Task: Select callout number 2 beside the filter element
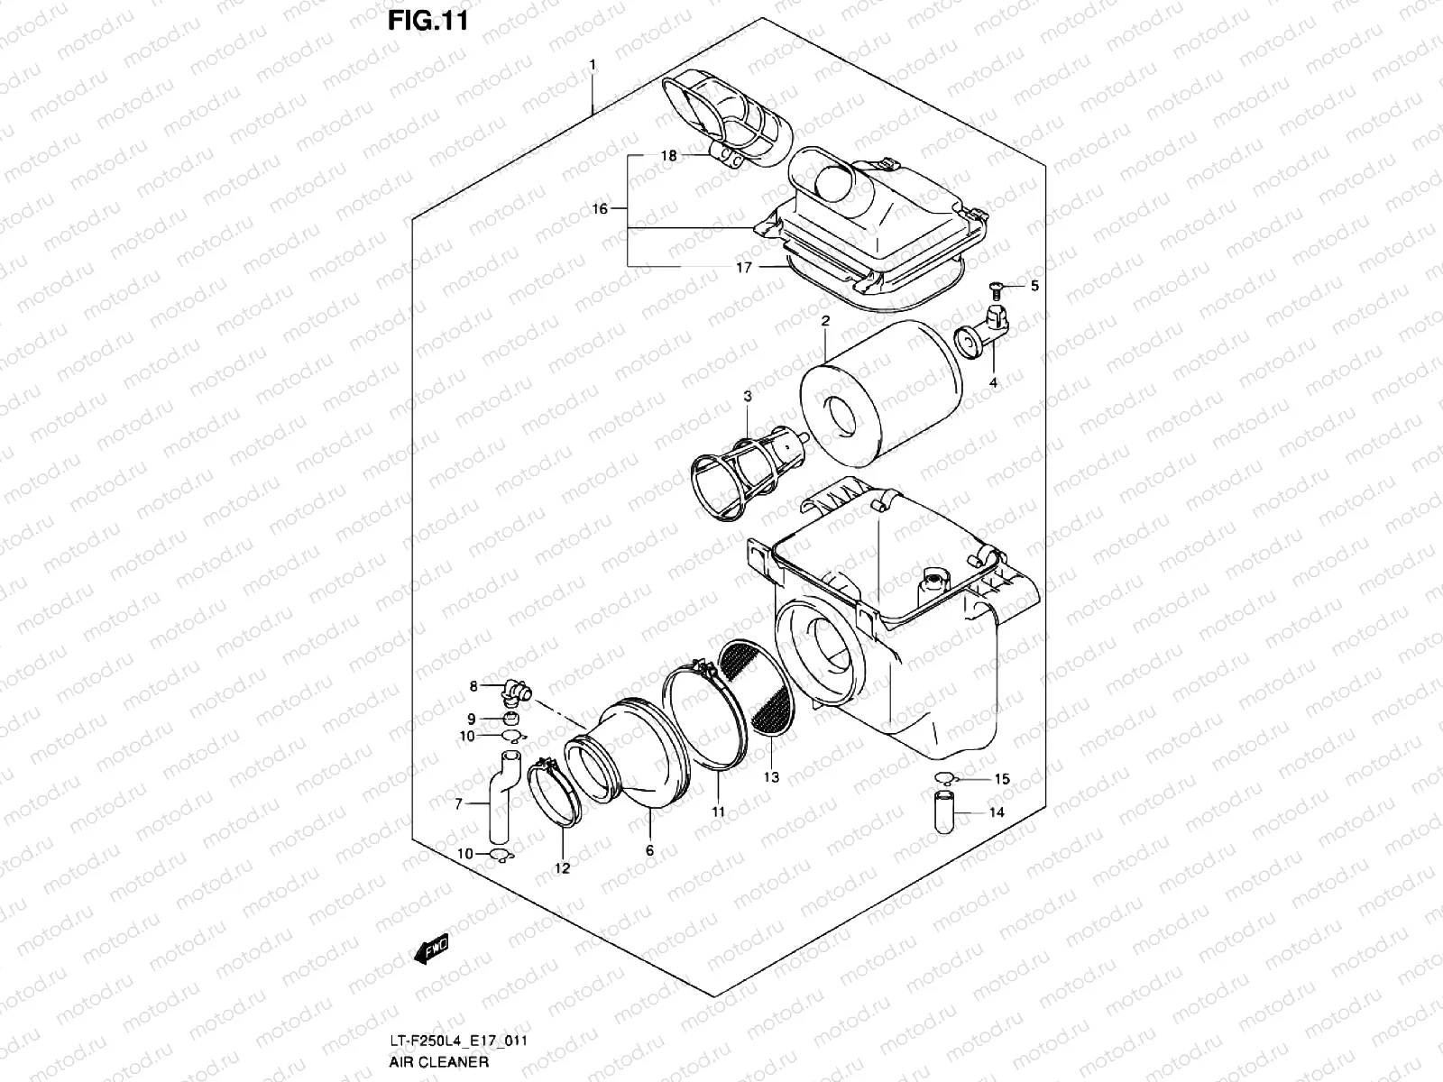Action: point(824,321)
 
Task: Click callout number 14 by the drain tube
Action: point(997,811)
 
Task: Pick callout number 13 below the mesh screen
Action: point(771,776)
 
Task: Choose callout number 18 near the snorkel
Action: point(668,155)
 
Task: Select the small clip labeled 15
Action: point(944,778)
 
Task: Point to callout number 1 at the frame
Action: point(593,64)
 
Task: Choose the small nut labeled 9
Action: point(509,719)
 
